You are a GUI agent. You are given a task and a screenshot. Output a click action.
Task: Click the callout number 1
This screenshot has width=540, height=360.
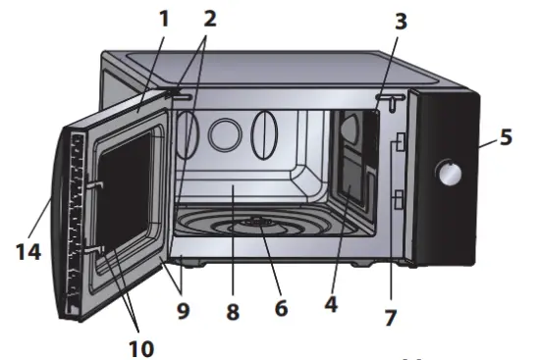click(x=164, y=19)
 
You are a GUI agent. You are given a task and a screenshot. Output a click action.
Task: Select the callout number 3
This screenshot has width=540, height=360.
click(x=401, y=22)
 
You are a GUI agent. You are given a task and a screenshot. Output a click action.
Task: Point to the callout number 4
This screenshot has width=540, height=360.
click(x=330, y=304)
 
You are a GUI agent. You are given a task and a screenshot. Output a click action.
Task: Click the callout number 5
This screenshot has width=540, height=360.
click(x=506, y=136)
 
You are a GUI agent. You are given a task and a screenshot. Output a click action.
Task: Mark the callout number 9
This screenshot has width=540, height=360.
click(x=184, y=313)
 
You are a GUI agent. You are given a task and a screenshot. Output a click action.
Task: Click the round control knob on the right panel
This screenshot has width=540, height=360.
click(x=451, y=174)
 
